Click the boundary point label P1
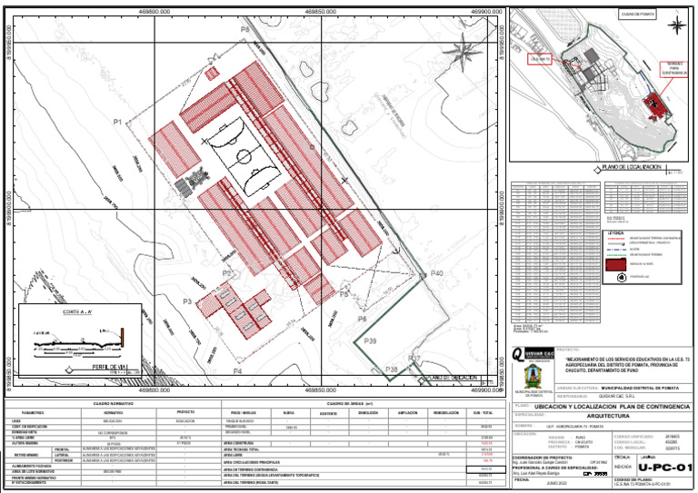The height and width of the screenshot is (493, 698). coord(118,122)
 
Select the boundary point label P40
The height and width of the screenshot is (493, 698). coord(436,272)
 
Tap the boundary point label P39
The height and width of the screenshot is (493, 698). coord(371,340)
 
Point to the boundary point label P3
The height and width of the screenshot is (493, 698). coord(187,301)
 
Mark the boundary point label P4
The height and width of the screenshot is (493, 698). coord(237,370)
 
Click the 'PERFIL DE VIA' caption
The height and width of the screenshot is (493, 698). coord(109,367)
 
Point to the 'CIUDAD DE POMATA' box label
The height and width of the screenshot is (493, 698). coord(637,15)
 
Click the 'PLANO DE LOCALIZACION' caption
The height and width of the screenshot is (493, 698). coord(629,167)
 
